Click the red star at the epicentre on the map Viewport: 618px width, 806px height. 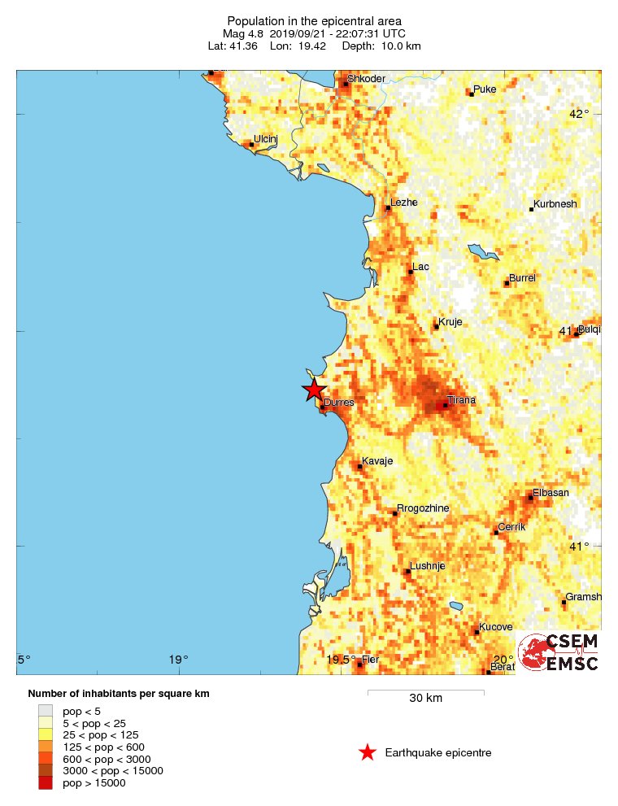pyautogui.click(x=314, y=390)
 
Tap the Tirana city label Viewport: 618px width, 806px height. pyautogui.click(x=461, y=400)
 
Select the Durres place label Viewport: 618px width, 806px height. pyautogui.click(x=339, y=403)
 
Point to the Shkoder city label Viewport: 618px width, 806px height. pyautogui.click(x=366, y=79)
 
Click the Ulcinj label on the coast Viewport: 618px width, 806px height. pyautogui.click(x=266, y=139)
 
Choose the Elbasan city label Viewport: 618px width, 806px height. pyautogui.click(x=551, y=492)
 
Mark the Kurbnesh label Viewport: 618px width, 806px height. pyautogui.click(x=555, y=204)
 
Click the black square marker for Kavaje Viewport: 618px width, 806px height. pyautogui.click(x=360, y=467)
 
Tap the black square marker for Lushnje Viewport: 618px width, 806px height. pyautogui.click(x=407, y=572)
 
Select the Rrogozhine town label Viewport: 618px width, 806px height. pyautogui.click(x=423, y=508)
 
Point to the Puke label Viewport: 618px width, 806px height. pyautogui.click(x=485, y=89)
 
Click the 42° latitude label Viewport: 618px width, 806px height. pyautogui.click(x=578, y=114)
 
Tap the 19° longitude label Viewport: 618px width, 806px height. pyautogui.click(x=178, y=660)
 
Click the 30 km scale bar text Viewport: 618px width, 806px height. pyautogui.click(x=425, y=698)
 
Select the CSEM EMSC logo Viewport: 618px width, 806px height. pyautogui.click(x=559, y=651)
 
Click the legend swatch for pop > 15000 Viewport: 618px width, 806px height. pyautogui.click(x=46, y=782)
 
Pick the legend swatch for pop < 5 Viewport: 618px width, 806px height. pyautogui.click(x=46, y=711)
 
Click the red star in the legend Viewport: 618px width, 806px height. pyautogui.click(x=368, y=753)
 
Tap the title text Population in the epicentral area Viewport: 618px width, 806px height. pyautogui.click(x=314, y=20)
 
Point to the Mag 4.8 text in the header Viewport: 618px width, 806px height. pyautogui.click(x=242, y=33)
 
